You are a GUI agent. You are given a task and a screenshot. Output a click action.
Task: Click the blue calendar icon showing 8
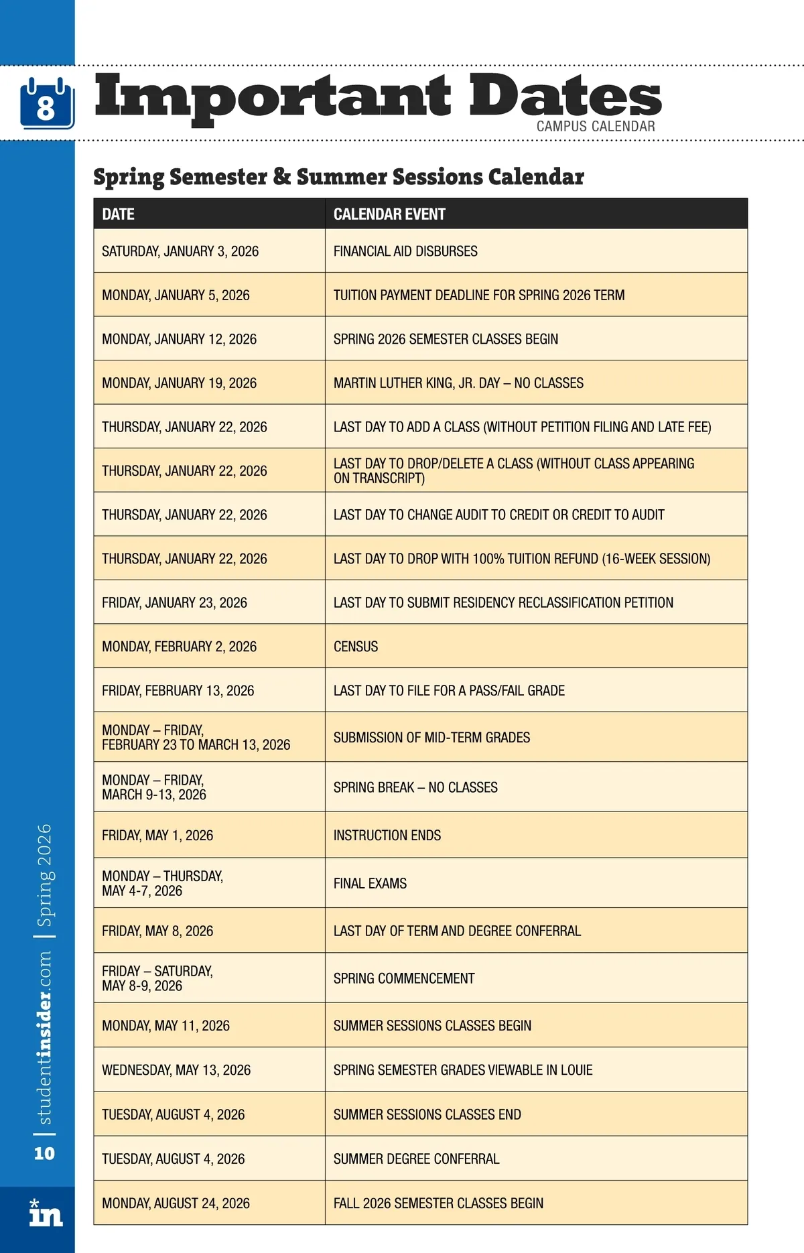[x=46, y=104]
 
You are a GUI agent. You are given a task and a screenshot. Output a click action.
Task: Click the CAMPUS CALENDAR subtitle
[x=595, y=126]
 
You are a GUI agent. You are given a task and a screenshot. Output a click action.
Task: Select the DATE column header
[x=119, y=214]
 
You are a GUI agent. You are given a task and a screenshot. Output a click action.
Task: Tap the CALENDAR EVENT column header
[x=389, y=214]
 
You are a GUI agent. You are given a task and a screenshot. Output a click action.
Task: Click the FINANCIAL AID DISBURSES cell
[x=405, y=251]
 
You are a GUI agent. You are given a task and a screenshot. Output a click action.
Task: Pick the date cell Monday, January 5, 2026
[x=176, y=295]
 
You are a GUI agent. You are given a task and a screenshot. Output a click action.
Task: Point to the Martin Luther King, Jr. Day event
[x=458, y=383]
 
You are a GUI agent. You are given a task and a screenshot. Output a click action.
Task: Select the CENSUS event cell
[x=356, y=647]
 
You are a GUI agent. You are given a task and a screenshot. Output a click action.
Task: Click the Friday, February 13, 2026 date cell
[x=178, y=691]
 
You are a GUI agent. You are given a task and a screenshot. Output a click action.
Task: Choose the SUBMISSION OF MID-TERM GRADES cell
[x=431, y=738]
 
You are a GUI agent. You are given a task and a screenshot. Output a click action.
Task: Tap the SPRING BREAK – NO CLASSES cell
[x=415, y=787]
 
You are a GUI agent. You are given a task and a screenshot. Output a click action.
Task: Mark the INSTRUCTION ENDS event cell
[x=387, y=836]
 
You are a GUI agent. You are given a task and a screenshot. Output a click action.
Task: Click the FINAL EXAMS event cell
[x=370, y=884]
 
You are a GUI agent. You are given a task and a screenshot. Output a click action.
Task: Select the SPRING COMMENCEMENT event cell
[x=404, y=979]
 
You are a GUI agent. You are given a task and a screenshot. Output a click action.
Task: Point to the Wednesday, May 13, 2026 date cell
[x=176, y=1070]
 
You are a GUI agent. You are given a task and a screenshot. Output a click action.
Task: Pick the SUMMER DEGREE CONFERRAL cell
[x=416, y=1159]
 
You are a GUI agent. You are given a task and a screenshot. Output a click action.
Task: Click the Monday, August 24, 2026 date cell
[x=176, y=1203]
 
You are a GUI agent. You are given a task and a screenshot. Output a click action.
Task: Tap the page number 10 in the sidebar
[x=44, y=1153]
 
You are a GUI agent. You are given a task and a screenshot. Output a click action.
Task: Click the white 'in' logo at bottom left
[x=46, y=1213]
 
